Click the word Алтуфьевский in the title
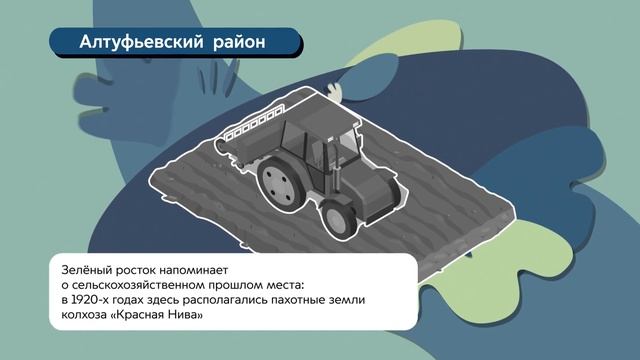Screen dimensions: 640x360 click(x=141, y=42)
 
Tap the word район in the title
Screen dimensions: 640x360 click(x=239, y=42)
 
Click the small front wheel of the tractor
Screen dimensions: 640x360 click(x=338, y=220)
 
